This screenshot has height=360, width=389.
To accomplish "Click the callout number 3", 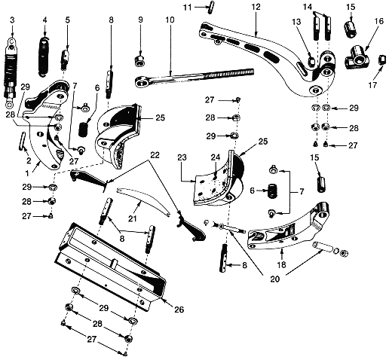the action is point(12,20).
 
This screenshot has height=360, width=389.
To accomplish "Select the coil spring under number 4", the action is point(44,56).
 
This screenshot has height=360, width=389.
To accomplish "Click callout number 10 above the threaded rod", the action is point(170,20).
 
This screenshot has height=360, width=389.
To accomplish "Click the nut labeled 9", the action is point(139,60).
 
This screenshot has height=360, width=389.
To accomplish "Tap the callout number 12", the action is point(256,7).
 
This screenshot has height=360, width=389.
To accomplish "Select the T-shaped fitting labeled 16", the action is point(356,57).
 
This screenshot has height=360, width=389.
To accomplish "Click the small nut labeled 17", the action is point(381,59).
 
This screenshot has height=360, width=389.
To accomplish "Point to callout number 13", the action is point(296,22).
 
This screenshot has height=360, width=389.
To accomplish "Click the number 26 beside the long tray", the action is point(179,310).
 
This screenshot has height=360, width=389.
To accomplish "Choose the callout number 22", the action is point(155,155).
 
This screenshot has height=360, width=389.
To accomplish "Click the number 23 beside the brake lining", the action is point(182,157).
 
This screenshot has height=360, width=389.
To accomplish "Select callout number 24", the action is point(216,157).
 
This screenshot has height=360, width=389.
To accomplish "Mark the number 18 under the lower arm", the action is point(281,264).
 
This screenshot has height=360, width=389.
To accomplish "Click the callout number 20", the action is point(275,279).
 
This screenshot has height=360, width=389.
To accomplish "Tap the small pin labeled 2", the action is point(22,142).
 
